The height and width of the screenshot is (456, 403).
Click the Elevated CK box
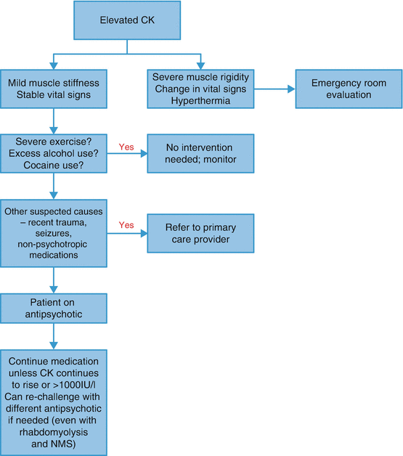tap(128, 21)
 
